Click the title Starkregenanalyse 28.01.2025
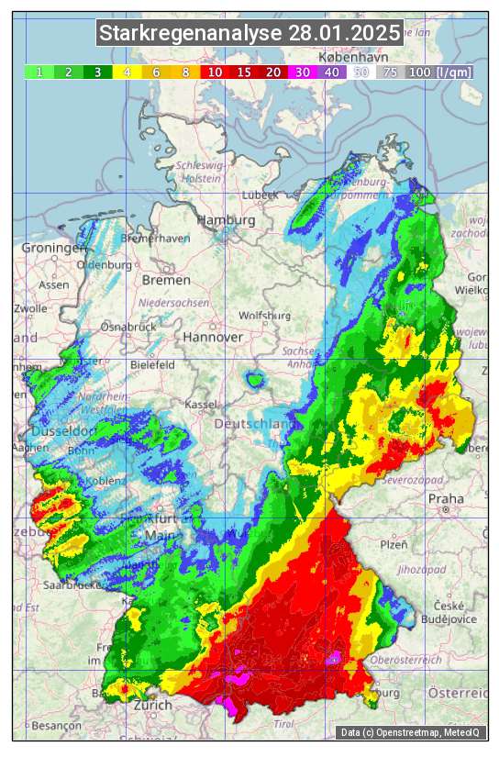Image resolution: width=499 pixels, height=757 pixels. (249, 34)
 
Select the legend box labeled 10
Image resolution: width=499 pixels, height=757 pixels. (216, 72)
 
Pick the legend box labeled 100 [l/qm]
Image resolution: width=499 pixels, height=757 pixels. (439, 72)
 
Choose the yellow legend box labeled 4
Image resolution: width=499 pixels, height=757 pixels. (128, 72)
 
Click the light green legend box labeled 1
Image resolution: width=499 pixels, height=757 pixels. (39, 72)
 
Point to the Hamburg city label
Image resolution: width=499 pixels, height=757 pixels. (226, 221)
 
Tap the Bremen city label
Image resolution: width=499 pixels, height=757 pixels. (166, 280)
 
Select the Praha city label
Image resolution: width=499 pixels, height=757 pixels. (445, 499)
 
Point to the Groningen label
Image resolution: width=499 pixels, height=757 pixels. (53, 249)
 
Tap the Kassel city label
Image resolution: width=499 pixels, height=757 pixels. (200, 404)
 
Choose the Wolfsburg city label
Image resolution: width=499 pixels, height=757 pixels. (264, 316)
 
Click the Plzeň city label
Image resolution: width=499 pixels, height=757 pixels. (394, 544)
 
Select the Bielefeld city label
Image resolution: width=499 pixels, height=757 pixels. (152, 364)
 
